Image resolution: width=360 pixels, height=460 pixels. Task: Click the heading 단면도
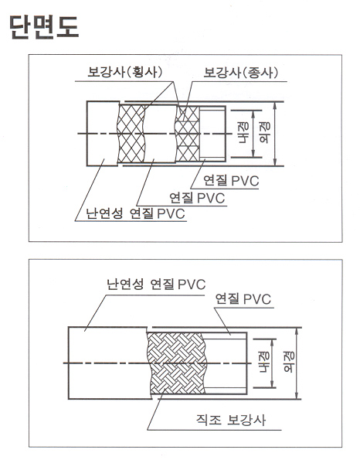[44, 27]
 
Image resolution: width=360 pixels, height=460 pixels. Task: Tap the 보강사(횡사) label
[125, 72]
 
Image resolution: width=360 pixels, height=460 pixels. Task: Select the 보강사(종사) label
[241, 72]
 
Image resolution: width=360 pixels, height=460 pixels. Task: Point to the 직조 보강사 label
[231, 420]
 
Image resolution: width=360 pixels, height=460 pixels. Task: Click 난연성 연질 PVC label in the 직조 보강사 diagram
[156, 284]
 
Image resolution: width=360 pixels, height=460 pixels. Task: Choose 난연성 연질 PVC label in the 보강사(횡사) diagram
[135, 213]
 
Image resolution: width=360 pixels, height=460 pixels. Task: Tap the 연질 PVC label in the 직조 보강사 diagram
[243, 299]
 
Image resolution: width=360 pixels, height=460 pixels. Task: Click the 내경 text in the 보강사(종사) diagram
[243, 134]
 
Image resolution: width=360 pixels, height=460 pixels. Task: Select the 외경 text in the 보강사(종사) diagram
[265, 133]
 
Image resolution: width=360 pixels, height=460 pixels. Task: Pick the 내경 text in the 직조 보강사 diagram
[264, 363]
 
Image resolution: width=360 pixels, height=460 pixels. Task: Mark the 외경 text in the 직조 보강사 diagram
[289, 363]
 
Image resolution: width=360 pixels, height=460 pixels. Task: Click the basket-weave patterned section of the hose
[177, 363]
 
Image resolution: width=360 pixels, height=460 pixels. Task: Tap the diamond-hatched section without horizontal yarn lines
[131, 134]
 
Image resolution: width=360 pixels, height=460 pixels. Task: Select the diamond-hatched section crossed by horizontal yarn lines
[187, 134]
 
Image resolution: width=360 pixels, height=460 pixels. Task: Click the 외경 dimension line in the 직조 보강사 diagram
[297, 363]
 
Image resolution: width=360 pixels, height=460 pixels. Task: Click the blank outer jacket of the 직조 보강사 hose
[107, 363]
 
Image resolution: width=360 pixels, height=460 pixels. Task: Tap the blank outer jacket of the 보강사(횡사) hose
[103, 134]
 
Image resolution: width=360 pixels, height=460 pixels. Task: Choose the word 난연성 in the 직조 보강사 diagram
[125, 284]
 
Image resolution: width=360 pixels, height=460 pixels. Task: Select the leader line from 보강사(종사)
[188, 101]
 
